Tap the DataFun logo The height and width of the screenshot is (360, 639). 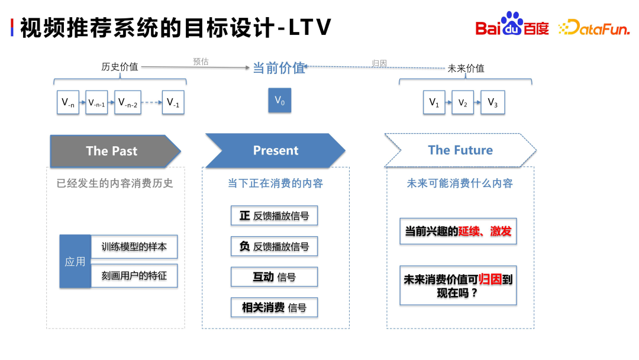[x=594, y=27]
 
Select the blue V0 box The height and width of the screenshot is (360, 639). [x=280, y=101]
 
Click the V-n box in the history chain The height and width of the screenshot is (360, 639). [x=68, y=102]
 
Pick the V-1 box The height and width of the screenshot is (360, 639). [x=173, y=102]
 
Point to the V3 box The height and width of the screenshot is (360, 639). [x=492, y=102]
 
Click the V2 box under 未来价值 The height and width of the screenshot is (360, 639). [x=463, y=102]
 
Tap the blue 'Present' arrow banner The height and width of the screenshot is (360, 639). [x=275, y=150]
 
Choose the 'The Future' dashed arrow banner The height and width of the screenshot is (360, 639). [x=460, y=150]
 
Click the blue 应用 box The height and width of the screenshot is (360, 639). [x=75, y=261]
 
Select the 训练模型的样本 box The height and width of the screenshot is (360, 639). [x=134, y=246]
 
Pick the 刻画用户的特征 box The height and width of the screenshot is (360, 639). [x=134, y=276]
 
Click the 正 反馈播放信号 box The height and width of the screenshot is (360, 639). [x=274, y=216]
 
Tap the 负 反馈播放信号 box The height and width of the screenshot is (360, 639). [x=274, y=246]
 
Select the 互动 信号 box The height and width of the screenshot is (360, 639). [x=274, y=277]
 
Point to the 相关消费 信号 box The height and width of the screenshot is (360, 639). [x=274, y=307]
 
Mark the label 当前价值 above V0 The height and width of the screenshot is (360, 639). [x=279, y=68]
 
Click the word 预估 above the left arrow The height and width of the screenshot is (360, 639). [x=201, y=62]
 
